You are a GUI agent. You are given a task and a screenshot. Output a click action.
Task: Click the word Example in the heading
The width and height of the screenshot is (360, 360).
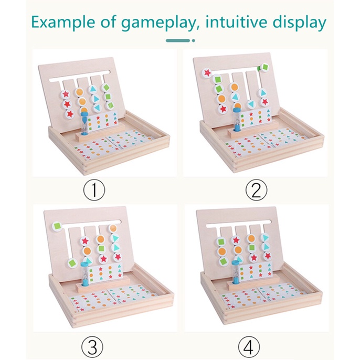pos(63,22)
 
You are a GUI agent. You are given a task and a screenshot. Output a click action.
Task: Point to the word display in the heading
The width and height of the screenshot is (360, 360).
pos(299,23)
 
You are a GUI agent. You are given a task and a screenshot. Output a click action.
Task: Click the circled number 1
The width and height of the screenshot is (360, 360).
pos(94,190)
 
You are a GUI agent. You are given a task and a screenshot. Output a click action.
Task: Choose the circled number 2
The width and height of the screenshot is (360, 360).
pos(257,190)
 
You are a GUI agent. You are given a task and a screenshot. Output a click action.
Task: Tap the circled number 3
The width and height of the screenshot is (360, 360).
pos(92,347)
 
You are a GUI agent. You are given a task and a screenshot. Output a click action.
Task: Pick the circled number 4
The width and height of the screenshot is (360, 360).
pos(249,347)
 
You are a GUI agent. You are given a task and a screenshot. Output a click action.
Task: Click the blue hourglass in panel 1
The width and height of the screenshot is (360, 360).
pos(84,123)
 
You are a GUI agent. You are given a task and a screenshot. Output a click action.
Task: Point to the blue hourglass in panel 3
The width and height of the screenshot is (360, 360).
pos(85,274)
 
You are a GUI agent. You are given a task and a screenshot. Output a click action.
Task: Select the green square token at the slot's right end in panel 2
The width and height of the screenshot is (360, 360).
pos(264,68)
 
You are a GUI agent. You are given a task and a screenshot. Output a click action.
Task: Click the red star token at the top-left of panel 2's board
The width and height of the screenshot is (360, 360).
pos(207,73)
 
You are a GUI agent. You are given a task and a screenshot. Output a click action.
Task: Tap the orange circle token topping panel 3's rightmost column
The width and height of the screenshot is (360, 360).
pos(113,228)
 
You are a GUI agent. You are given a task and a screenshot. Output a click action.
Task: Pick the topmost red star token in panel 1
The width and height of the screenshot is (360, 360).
pos(66,94)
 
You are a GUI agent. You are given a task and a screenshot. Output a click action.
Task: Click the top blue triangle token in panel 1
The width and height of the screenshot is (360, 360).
pos(92,89)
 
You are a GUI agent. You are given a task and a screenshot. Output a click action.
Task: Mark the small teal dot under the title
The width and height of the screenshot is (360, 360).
pos(194,40)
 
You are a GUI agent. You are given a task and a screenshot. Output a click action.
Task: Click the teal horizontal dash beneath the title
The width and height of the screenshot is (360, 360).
pos(178,40)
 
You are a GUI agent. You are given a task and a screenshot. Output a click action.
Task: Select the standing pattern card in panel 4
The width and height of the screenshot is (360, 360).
pos(255,272)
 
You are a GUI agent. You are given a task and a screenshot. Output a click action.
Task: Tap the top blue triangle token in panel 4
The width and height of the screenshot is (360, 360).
pos(265,238)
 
